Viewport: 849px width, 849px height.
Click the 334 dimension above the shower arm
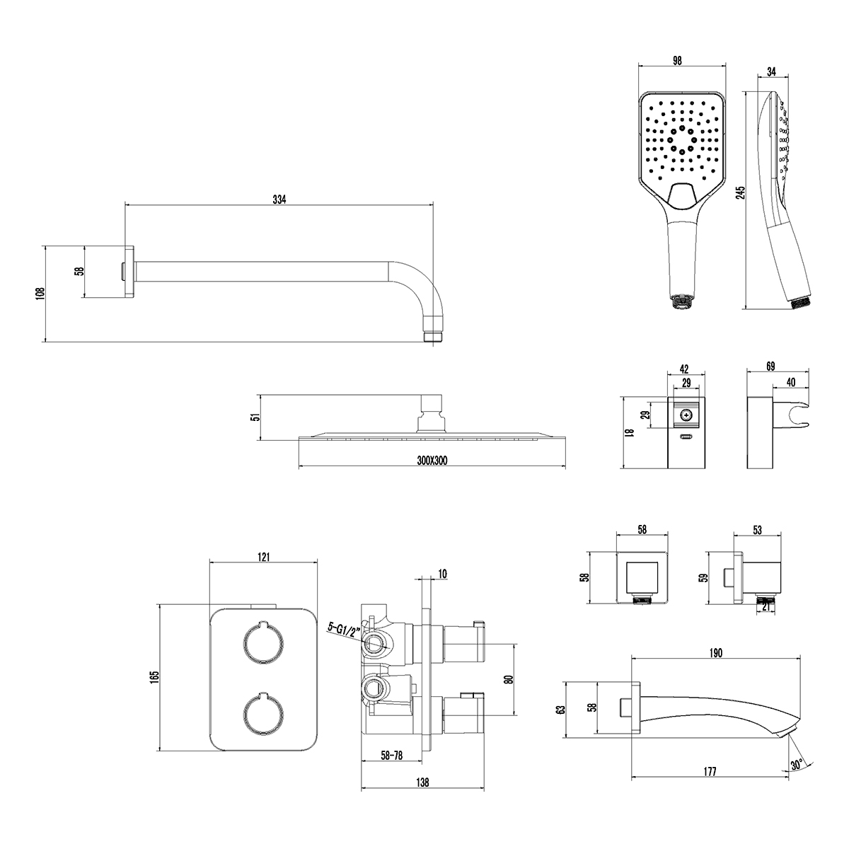tap(279, 199)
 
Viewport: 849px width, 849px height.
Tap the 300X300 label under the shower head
tap(432, 461)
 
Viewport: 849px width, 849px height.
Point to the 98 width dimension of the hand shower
tap(677, 61)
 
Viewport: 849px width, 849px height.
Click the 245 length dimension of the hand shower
tap(741, 193)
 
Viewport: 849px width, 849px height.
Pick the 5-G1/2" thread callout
tap(345, 627)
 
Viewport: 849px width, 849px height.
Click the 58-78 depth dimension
tap(392, 756)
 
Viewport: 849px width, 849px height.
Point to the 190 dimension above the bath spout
tap(715, 653)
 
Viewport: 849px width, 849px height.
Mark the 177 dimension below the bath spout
tap(711, 771)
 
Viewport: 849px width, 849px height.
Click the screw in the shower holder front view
tap(684, 415)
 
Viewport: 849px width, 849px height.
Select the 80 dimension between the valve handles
tap(508, 680)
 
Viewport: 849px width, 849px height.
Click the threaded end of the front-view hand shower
tap(681, 303)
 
